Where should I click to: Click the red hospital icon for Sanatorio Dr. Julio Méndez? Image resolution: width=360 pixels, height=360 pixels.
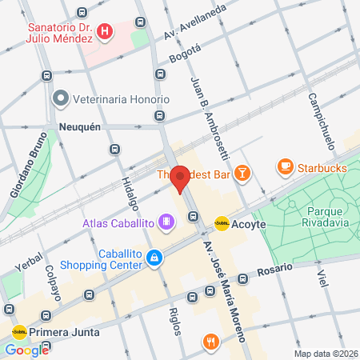tap(105, 32)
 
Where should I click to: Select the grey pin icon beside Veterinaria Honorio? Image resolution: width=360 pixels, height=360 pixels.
tap(60, 99)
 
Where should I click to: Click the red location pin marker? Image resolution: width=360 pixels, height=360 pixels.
tap(180, 178)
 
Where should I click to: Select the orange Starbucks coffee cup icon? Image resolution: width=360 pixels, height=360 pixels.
tap(284, 166)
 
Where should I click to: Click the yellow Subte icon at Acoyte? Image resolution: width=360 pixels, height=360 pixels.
tap(222, 224)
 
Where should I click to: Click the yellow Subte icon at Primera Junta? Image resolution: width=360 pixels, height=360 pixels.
tap(18, 332)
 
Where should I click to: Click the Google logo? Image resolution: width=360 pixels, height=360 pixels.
tap(27, 350)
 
